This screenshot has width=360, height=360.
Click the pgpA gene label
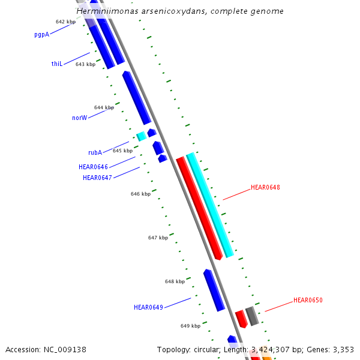coord(41,35)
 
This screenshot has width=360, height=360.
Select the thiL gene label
coord(57,64)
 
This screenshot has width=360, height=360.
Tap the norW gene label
coord(79,118)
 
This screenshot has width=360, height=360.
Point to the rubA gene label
coord(95,152)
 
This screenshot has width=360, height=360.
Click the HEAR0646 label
coord(93,167)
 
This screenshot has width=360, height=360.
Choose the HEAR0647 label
coord(97,178)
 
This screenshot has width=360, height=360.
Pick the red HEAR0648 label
coord(265,187)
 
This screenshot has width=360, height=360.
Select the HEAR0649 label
coord(148,307)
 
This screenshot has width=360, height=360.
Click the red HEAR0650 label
coord(308,300)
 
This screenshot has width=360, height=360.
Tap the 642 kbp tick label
coord(65,22)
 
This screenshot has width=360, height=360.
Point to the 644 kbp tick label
coord(104,107)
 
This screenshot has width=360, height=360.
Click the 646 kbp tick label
coord(140,194)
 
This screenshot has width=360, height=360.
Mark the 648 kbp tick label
coord(175,281)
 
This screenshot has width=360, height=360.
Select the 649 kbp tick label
coord(190,326)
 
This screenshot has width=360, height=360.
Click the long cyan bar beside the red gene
coord(209,204)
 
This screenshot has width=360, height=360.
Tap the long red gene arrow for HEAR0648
coord(199,208)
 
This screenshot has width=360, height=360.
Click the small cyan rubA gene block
coord(142,136)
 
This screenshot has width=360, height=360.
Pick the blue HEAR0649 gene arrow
coord(214,290)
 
